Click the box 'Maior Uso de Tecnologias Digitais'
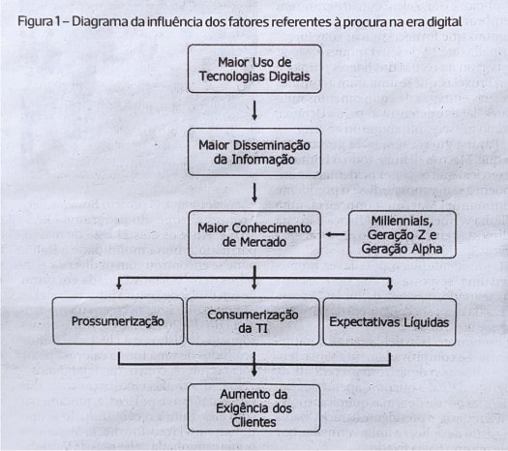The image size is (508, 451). pyautogui.click(x=254, y=69)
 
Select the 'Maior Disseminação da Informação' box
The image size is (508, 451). pyautogui.click(x=254, y=152)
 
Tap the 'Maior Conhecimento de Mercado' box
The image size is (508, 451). pyautogui.click(x=254, y=234)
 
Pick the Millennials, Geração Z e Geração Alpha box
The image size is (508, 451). pyautogui.click(x=403, y=234)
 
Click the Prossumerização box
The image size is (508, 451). pyautogui.click(x=118, y=321)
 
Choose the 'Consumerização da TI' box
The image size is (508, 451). pyautogui.click(x=253, y=321)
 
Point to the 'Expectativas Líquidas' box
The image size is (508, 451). pyautogui.click(x=389, y=321)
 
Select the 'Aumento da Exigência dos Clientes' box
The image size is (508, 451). pyautogui.click(x=254, y=408)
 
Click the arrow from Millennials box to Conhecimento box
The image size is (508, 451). pyautogui.click(x=335, y=234)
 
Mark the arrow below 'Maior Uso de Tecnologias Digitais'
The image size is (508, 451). pyautogui.click(x=254, y=110)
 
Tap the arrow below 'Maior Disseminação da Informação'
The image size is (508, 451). pyautogui.click(x=254, y=194)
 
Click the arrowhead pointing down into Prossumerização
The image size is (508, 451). pyautogui.click(x=119, y=286)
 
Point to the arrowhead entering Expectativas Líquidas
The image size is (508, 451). pyautogui.click(x=390, y=286)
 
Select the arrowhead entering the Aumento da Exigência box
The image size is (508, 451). pyautogui.click(x=254, y=373)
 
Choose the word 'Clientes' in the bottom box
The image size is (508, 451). pyautogui.click(x=254, y=422)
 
